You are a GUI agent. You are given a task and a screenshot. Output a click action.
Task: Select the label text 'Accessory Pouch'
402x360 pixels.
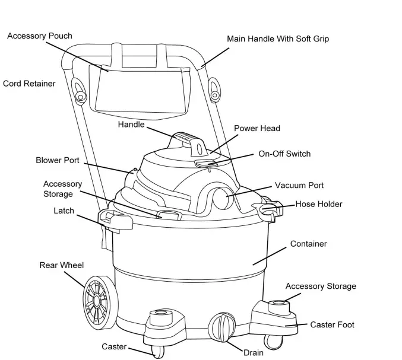point(40,36)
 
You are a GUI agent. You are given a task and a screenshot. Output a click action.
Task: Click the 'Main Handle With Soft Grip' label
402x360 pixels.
point(278,39)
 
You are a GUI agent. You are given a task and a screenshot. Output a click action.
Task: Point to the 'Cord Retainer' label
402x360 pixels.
point(29,84)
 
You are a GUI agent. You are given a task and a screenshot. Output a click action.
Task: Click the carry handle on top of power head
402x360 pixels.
point(186,141)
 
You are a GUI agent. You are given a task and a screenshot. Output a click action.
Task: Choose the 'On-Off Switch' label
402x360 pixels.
point(284,154)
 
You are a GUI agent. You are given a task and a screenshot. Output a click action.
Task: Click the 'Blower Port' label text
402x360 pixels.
point(58,160)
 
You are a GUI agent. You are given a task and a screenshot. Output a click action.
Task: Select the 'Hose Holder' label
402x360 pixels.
point(319,204)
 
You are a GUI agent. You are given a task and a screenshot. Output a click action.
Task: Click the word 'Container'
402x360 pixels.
point(308,244)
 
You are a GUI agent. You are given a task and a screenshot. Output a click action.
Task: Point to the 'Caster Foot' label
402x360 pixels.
point(332,324)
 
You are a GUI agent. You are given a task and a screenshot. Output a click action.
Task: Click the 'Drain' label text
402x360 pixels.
point(253,353)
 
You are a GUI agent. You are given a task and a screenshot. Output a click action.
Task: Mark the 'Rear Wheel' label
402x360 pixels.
point(62,265)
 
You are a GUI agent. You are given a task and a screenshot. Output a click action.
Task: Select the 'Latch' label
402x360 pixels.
point(64,211)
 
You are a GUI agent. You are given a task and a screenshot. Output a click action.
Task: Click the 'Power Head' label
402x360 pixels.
point(257,128)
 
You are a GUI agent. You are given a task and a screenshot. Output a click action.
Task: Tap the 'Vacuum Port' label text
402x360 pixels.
point(299,186)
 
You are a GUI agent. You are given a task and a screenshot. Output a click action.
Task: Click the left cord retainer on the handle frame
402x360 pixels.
point(79,90)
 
